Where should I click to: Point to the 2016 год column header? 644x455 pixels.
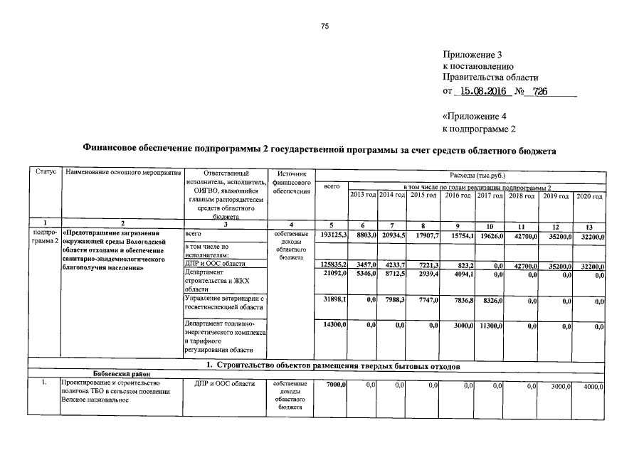(x=458, y=196)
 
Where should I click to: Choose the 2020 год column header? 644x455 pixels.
(x=588, y=196)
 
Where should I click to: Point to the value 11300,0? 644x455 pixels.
(x=490, y=325)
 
